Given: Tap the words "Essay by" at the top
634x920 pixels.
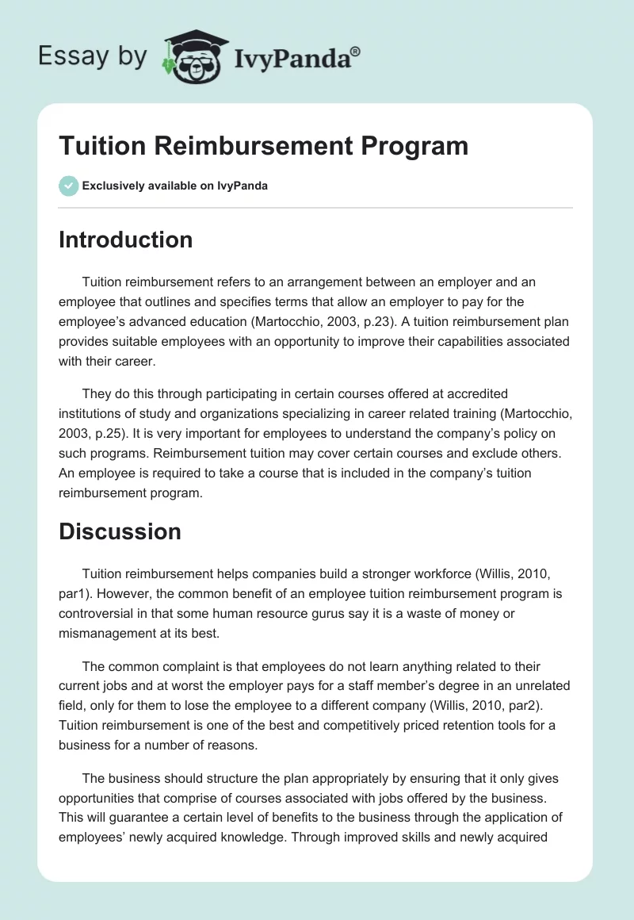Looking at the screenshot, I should (91, 56).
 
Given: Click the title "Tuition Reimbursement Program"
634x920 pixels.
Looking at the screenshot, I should (263, 146).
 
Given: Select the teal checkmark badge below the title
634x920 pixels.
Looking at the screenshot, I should (68, 186).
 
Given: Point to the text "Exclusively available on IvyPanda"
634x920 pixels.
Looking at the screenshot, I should (174, 186).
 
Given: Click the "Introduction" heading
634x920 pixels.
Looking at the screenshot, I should (125, 240).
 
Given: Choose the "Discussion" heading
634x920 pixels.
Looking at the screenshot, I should (120, 531).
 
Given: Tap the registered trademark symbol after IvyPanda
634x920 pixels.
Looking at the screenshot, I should (356, 52).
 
